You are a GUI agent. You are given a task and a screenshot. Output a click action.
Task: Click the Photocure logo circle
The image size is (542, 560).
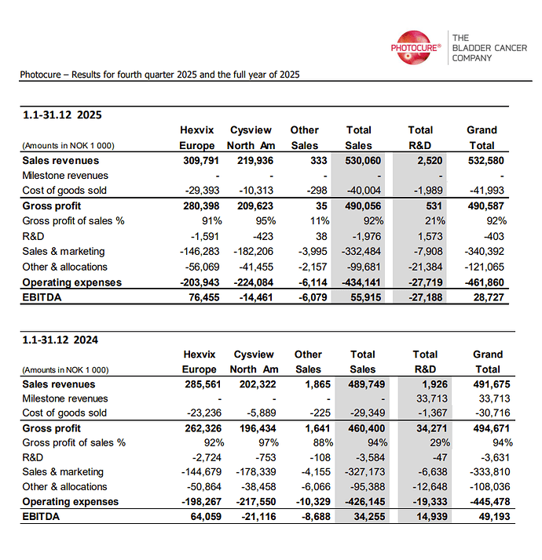417,48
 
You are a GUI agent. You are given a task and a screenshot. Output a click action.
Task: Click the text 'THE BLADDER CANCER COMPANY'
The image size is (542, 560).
482,48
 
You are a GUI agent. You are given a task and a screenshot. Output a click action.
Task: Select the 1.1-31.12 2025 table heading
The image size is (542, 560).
63,115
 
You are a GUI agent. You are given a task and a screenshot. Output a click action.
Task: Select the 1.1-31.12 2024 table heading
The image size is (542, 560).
63,340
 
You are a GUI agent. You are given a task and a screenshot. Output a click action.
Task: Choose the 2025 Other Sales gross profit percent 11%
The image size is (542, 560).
309,220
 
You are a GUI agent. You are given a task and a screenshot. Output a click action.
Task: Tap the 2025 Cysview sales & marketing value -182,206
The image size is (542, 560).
252,251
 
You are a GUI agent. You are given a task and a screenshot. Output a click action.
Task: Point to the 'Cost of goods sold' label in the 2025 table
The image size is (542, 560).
64,191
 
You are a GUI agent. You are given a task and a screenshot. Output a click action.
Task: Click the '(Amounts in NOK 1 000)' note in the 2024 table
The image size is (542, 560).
66,370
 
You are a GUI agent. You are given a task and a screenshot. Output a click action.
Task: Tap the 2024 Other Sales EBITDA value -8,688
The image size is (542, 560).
307,517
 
